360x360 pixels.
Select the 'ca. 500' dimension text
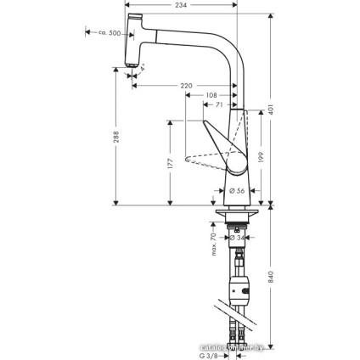pyautogui.click(x=104, y=33)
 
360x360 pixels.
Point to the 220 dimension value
pyautogui.click(x=185, y=86)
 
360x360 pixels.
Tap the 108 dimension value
pyautogui.click(x=212, y=95)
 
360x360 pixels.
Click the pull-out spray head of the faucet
pyautogui.click(x=131, y=39)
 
